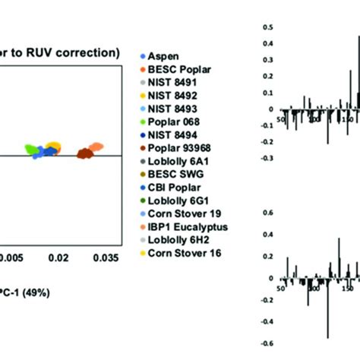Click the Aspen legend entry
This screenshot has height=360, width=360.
[163, 57]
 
